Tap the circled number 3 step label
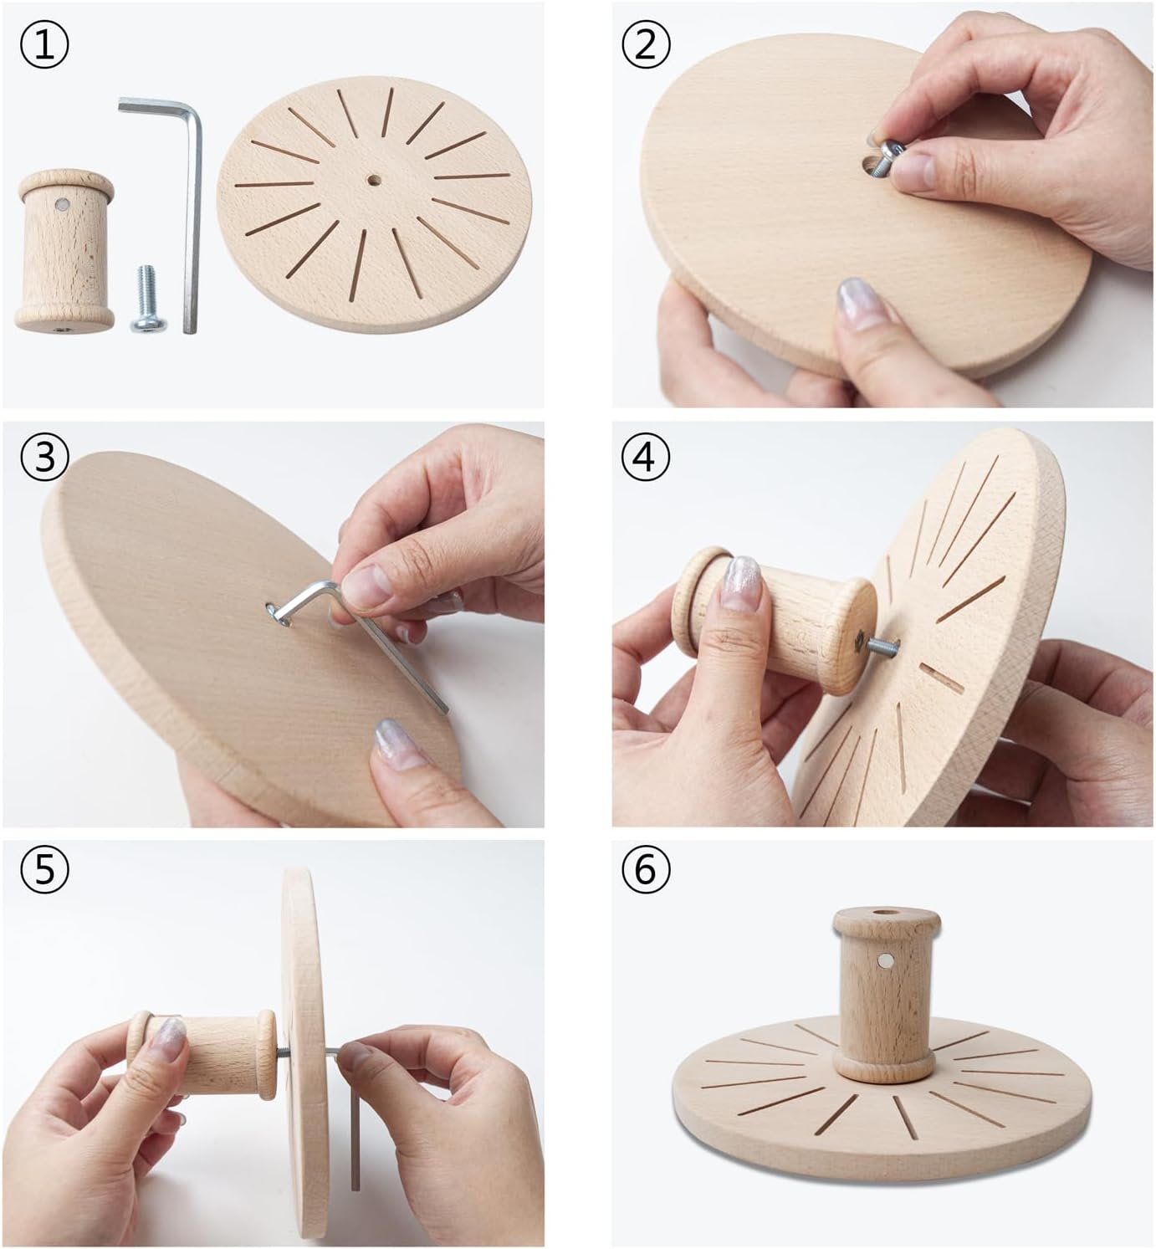point(44,458)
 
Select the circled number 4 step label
point(644,458)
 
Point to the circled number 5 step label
point(44,869)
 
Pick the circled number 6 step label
point(644,869)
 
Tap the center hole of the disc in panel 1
point(371,180)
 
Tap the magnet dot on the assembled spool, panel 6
point(886,960)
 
